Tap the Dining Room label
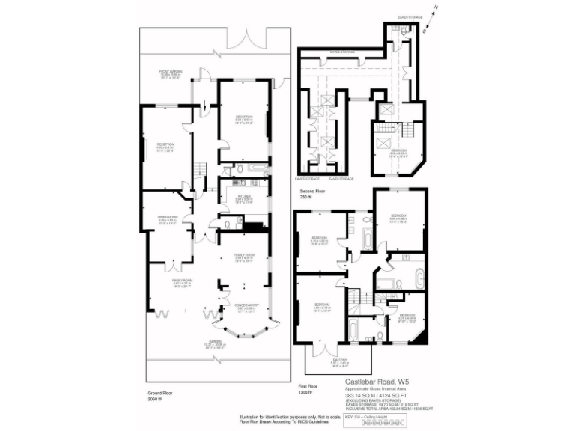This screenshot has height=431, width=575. pyautogui.click(x=168, y=218)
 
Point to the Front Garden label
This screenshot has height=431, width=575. pyautogui.click(x=171, y=74)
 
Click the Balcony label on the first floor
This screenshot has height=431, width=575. pyautogui.click(x=340, y=363)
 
